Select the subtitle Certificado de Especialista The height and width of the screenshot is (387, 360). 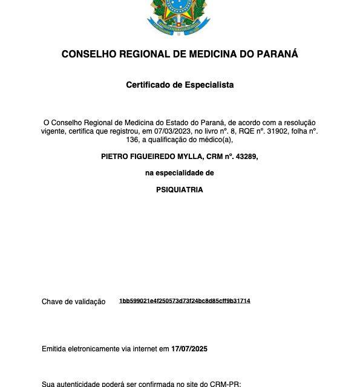coord(180,85)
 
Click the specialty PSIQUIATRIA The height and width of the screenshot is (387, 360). coord(180,189)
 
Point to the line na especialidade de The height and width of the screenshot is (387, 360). coord(180,173)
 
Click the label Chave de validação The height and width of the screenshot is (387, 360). coord(73,302)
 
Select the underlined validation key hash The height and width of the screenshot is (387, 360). coord(185,301)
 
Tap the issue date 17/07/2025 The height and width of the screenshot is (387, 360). coord(189,349)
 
